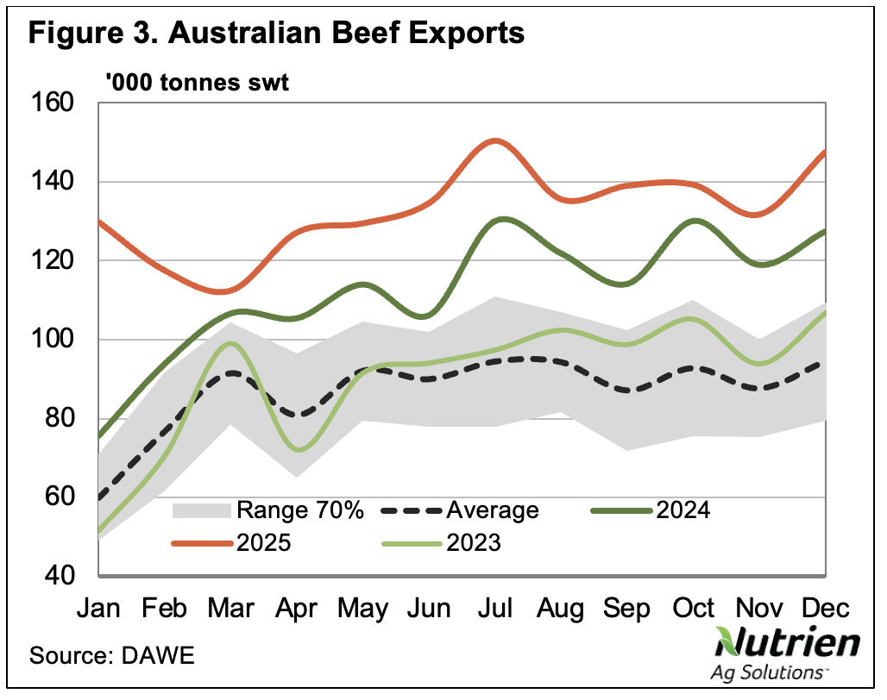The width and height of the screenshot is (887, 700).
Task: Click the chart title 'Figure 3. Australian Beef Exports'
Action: pyautogui.click(x=277, y=34)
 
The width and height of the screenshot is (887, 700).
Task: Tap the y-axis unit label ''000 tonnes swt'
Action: pyautogui.click(x=196, y=84)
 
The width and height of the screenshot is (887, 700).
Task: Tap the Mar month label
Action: pyautogui.click(x=230, y=609)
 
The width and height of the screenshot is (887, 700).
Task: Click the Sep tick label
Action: pyautogui.click(x=627, y=609)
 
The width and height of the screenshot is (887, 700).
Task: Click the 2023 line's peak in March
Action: pyautogui.click(x=230, y=344)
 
